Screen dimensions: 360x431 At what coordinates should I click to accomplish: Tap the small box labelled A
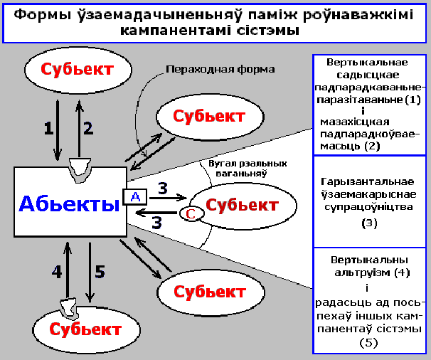pyautogui.click(x=134, y=197)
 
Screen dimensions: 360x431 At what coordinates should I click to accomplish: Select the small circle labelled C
pyautogui.click(x=189, y=213)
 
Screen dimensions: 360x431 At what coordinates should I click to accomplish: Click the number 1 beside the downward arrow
pyautogui.click(x=48, y=128)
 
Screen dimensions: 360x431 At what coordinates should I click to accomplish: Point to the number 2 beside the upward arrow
pyautogui.click(x=88, y=128)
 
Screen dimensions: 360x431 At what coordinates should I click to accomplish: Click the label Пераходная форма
pyautogui.click(x=220, y=70)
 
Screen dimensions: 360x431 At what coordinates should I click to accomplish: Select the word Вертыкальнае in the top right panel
pyautogui.click(x=370, y=63)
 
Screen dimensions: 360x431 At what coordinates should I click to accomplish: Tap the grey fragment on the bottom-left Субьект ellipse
pyautogui.click(x=69, y=308)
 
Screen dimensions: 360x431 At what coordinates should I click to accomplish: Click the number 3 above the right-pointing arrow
pyautogui.click(x=163, y=189)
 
